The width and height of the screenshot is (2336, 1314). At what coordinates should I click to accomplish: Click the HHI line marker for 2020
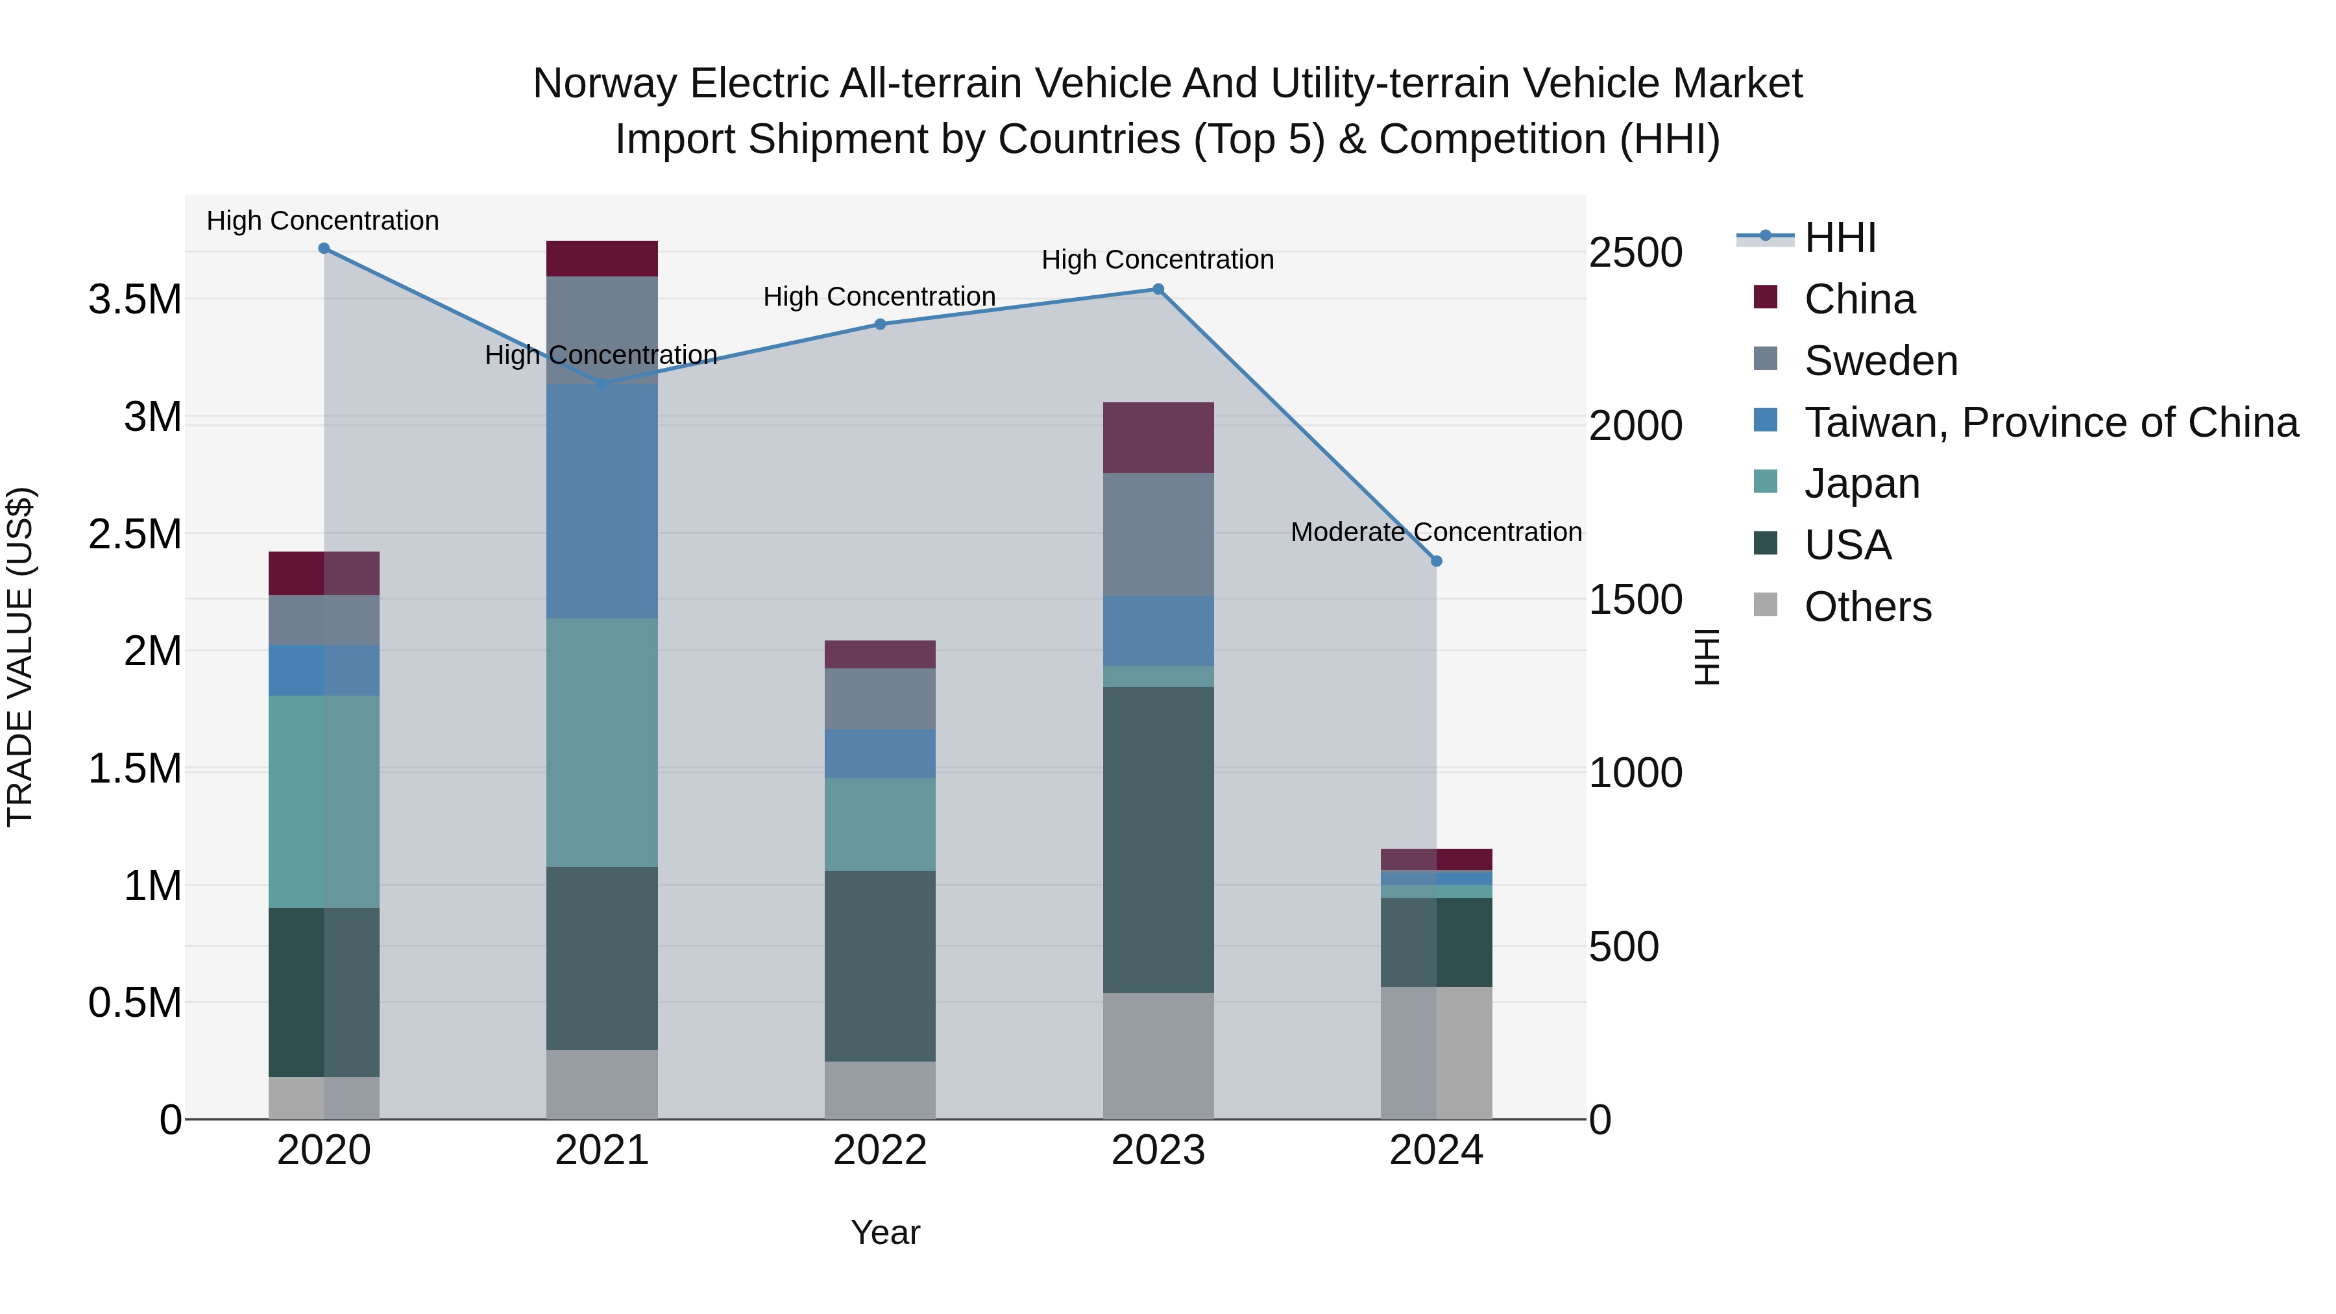point(324,249)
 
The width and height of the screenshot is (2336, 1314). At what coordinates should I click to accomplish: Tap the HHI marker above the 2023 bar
point(1158,289)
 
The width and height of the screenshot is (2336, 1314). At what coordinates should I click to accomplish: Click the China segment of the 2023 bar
point(1158,438)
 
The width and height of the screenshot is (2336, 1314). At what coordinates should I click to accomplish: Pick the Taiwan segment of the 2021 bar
point(602,502)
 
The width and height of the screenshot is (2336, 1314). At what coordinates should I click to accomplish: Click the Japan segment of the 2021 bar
point(602,743)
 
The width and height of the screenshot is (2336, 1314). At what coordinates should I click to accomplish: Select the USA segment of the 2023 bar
point(1158,840)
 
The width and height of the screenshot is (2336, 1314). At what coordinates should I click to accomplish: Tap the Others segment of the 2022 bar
point(880,1090)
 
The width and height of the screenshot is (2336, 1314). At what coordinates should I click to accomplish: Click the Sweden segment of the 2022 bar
point(880,699)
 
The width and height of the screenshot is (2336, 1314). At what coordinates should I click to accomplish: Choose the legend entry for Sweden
point(1880,361)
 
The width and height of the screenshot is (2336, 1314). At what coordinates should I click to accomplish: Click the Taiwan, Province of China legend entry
point(2050,422)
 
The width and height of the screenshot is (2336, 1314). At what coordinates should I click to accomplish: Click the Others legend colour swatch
point(1766,605)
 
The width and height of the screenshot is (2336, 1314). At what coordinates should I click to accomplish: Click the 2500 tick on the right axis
point(1635,253)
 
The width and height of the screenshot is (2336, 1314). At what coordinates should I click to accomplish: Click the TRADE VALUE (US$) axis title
point(21,657)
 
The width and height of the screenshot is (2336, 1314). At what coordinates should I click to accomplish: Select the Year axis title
point(885,1232)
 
